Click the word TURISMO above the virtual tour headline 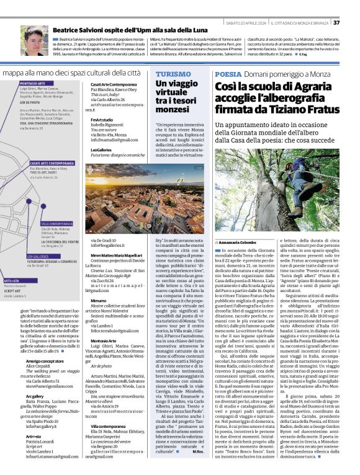pyautogui.click(x=174, y=73)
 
